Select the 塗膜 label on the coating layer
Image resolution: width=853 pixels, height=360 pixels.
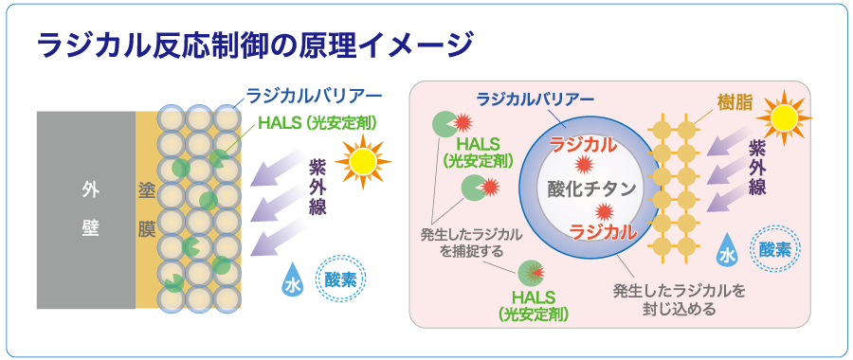pos(146,210)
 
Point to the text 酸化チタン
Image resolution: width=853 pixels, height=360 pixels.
pos(590,189)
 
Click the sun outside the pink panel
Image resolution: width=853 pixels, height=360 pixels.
pos(363,160)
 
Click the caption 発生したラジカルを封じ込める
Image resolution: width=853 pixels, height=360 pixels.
pos(679,299)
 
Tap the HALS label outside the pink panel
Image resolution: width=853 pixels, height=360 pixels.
pos(318,123)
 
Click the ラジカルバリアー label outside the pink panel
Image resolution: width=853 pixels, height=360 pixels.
pos(314,96)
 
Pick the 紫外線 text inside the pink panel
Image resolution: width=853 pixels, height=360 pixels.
pos(756,169)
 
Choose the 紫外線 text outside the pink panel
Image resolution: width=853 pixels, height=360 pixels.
pos(318,188)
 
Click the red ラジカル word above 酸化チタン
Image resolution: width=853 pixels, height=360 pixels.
pos(583,144)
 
